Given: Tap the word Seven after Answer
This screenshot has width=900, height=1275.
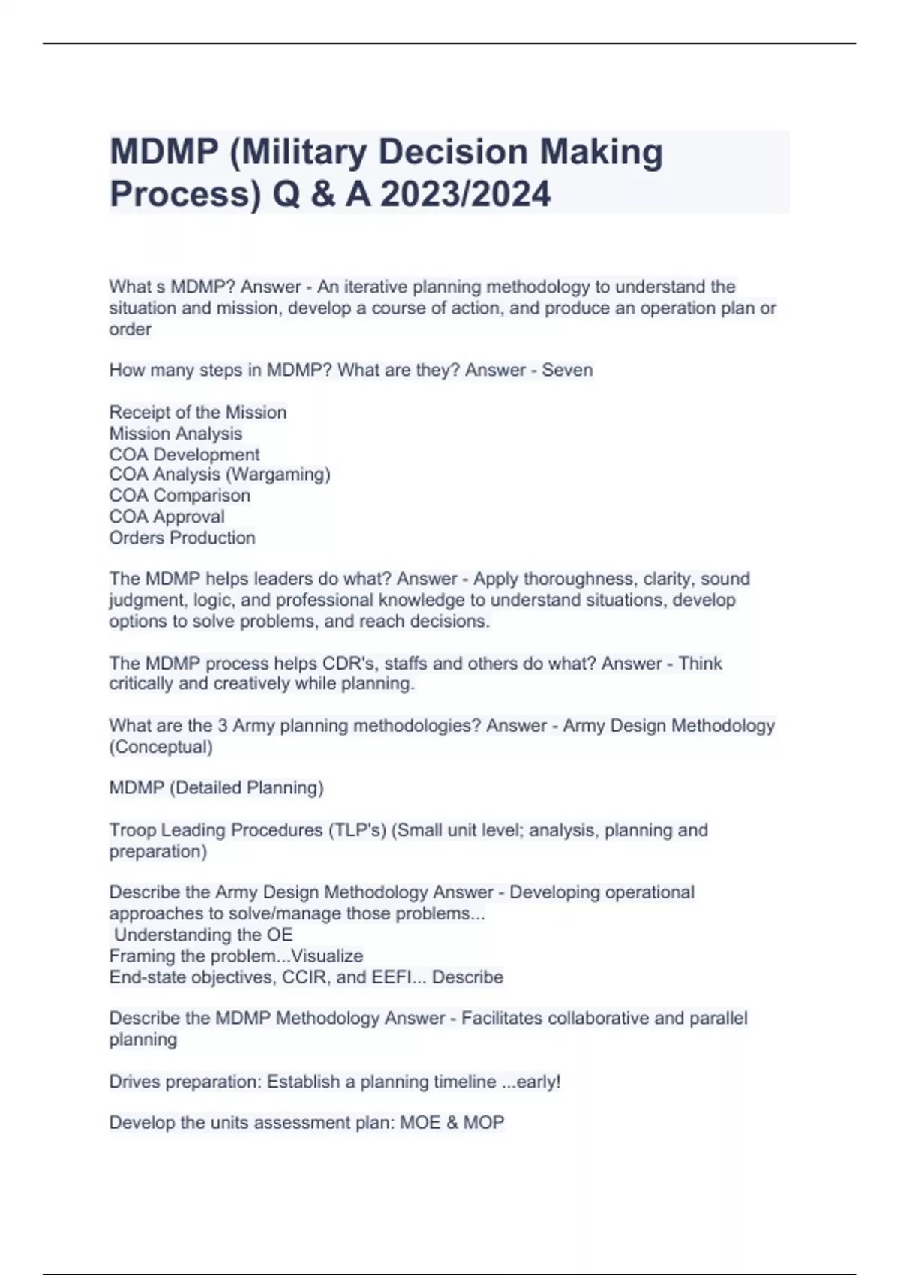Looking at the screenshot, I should (x=567, y=370).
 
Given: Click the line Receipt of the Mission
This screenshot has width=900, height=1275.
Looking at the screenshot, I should (x=198, y=412).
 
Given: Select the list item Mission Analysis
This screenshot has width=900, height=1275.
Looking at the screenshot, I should (x=175, y=433).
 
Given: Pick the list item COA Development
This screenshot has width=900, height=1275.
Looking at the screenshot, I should (x=184, y=454).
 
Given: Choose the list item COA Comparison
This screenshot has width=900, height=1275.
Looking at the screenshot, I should (x=180, y=496).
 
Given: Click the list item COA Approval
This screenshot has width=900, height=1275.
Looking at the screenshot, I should (x=166, y=517).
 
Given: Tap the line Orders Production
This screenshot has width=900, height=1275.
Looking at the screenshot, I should (x=182, y=538).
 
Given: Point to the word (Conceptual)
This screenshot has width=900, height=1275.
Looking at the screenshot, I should (x=160, y=747).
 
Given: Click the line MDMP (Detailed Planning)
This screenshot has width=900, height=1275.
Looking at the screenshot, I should (x=216, y=787).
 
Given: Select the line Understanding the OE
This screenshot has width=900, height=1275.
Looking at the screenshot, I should (x=203, y=934).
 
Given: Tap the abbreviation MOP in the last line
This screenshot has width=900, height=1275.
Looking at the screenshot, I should (x=484, y=1123).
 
